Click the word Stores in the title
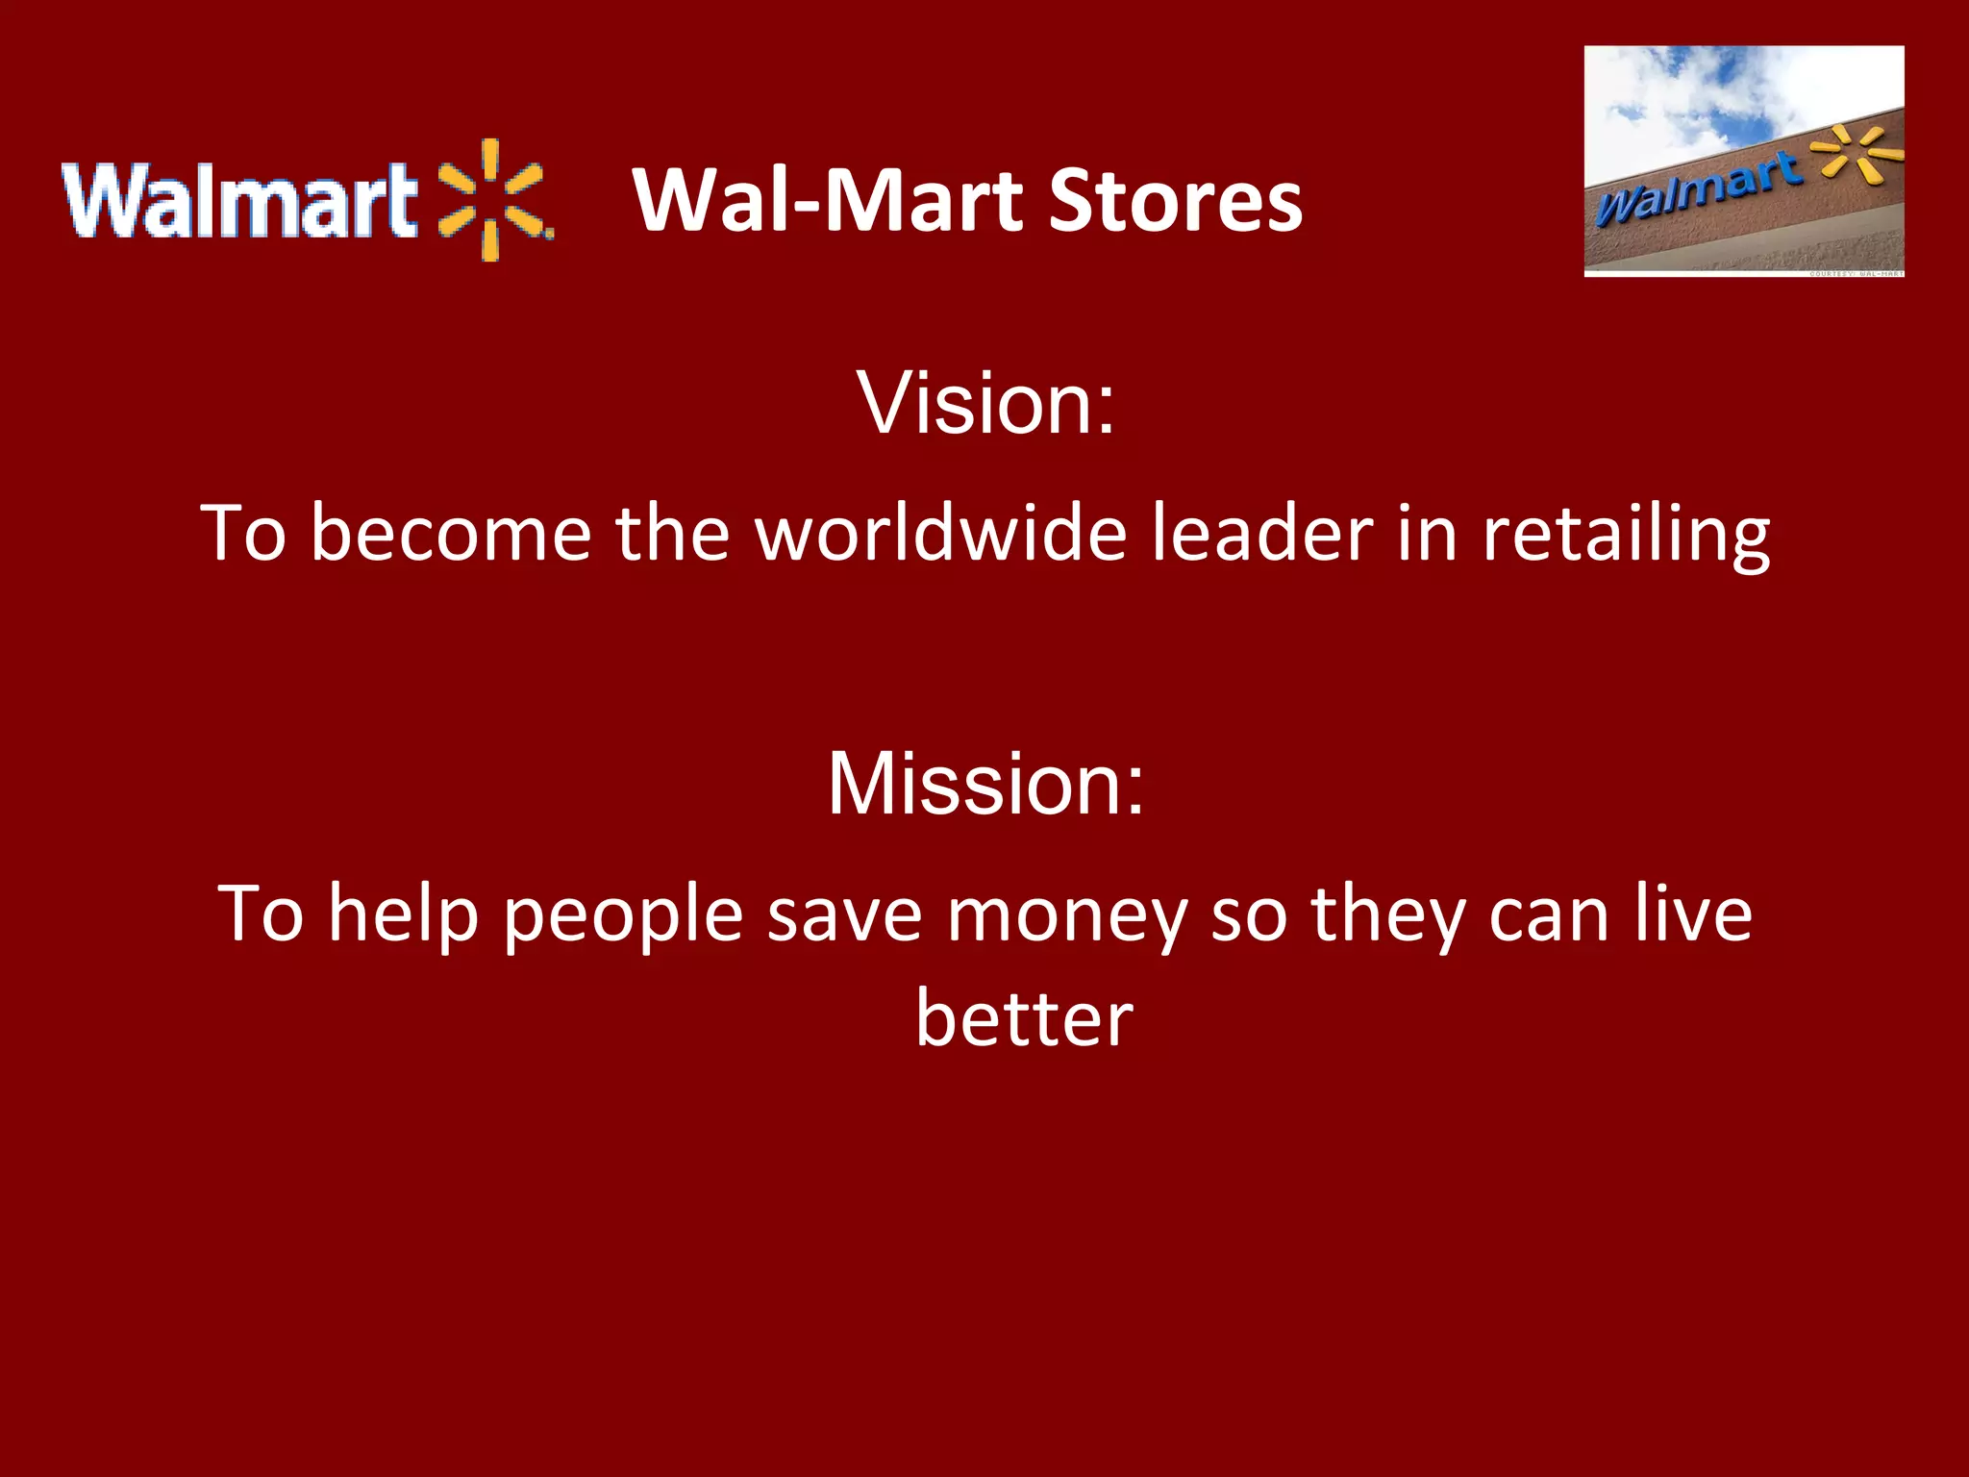point(1175,201)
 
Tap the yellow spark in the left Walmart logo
point(491,200)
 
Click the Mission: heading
point(986,784)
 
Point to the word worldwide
point(940,533)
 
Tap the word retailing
point(1626,535)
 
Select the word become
point(450,533)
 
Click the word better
point(1024,1018)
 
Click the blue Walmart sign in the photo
point(1697,188)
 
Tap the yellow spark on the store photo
point(1855,153)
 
